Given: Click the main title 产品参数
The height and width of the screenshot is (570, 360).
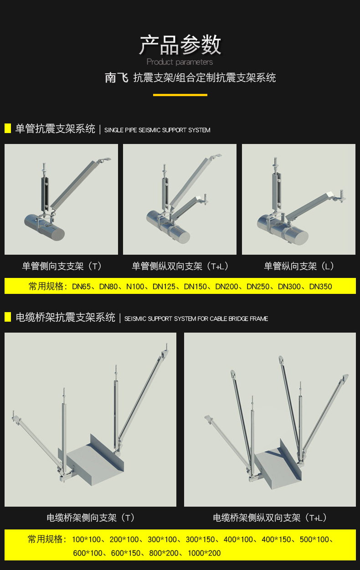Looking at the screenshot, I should (x=180, y=45).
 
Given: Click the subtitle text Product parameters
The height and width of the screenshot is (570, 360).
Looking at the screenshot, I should (x=180, y=62).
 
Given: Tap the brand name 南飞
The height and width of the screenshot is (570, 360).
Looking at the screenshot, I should (x=116, y=78).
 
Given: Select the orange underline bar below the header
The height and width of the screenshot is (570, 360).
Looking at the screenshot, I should (x=180, y=95).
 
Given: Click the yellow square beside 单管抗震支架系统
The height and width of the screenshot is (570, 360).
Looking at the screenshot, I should (x=8, y=128).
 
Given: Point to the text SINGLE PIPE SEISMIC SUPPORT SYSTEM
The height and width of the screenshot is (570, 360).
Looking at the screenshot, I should (x=157, y=130).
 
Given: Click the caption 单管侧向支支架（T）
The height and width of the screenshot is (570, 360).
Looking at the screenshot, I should (x=62, y=266).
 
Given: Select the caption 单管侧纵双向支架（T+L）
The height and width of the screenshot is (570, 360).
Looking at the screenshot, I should (x=180, y=266).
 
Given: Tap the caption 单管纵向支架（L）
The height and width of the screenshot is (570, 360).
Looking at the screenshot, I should (x=299, y=266).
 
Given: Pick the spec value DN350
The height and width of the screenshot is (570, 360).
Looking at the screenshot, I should (x=320, y=287).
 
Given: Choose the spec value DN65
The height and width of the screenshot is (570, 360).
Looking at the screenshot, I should (x=82, y=287).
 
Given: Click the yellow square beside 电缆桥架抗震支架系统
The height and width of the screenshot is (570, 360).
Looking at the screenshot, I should (x=8, y=317).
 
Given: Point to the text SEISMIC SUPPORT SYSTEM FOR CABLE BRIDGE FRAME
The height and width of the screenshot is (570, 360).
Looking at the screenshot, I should (x=196, y=318).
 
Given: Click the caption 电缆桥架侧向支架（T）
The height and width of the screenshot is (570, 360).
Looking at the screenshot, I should (x=91, y=518).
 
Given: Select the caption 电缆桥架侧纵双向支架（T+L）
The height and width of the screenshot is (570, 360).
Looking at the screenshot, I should (x=270, y=518).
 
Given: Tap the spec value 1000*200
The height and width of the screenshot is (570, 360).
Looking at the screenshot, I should (x=205, y=553).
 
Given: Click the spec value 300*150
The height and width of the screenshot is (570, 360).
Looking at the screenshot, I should (x=200, y=539).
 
